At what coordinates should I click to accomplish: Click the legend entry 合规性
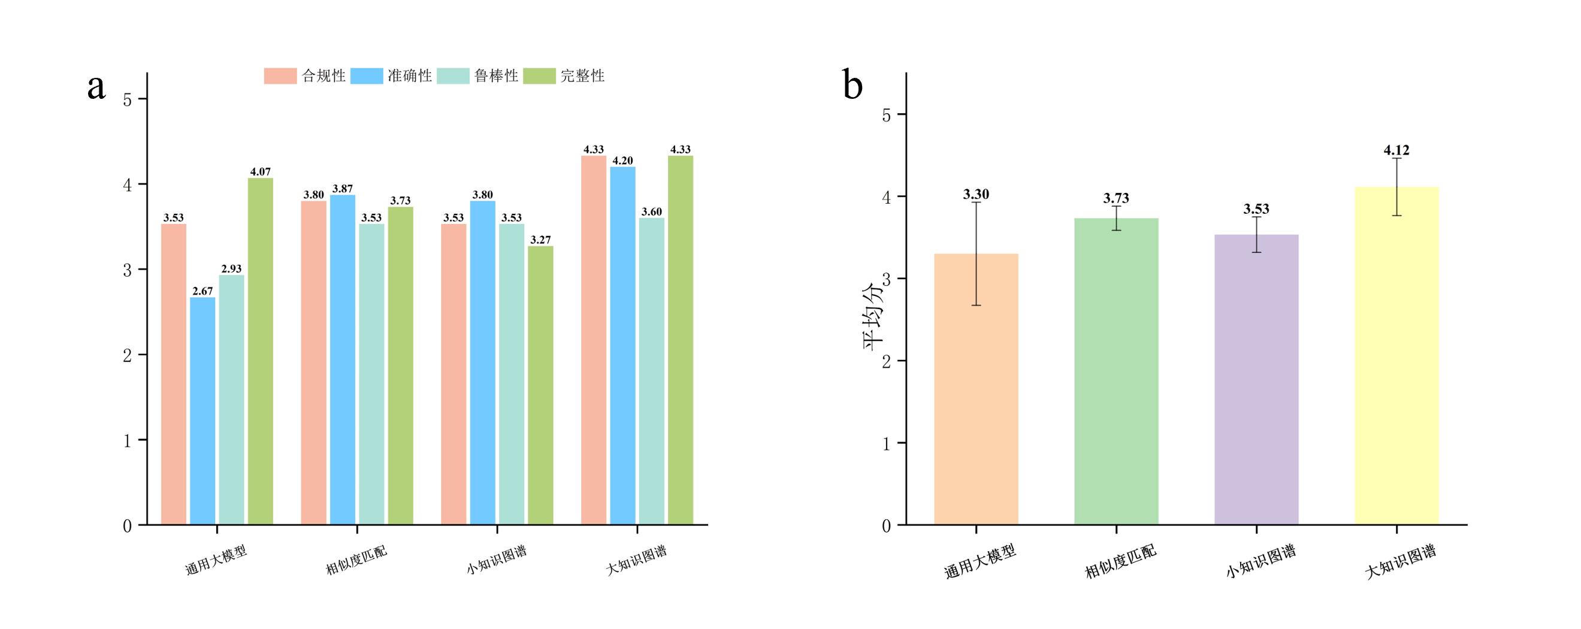pos(305,75)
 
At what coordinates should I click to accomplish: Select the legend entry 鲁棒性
pos(478,75)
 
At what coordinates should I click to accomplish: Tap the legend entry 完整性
pos(564,75)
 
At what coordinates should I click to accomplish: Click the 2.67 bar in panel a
pos(202,410)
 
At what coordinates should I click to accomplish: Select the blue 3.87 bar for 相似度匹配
pos(343,359)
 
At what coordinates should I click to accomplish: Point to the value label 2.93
pos(231,269)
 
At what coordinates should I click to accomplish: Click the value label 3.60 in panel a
pos(652,211)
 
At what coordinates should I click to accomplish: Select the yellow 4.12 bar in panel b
pos(1396,355)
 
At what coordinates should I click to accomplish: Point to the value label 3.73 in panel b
pos(1116,198)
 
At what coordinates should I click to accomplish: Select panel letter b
pos(853,84)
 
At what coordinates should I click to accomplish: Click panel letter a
pos(96,86)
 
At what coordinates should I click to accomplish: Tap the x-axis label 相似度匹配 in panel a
pos(356,560)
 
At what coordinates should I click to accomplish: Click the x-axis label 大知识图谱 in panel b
pos(1401,561)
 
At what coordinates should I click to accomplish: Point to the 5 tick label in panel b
pos(886,115)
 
